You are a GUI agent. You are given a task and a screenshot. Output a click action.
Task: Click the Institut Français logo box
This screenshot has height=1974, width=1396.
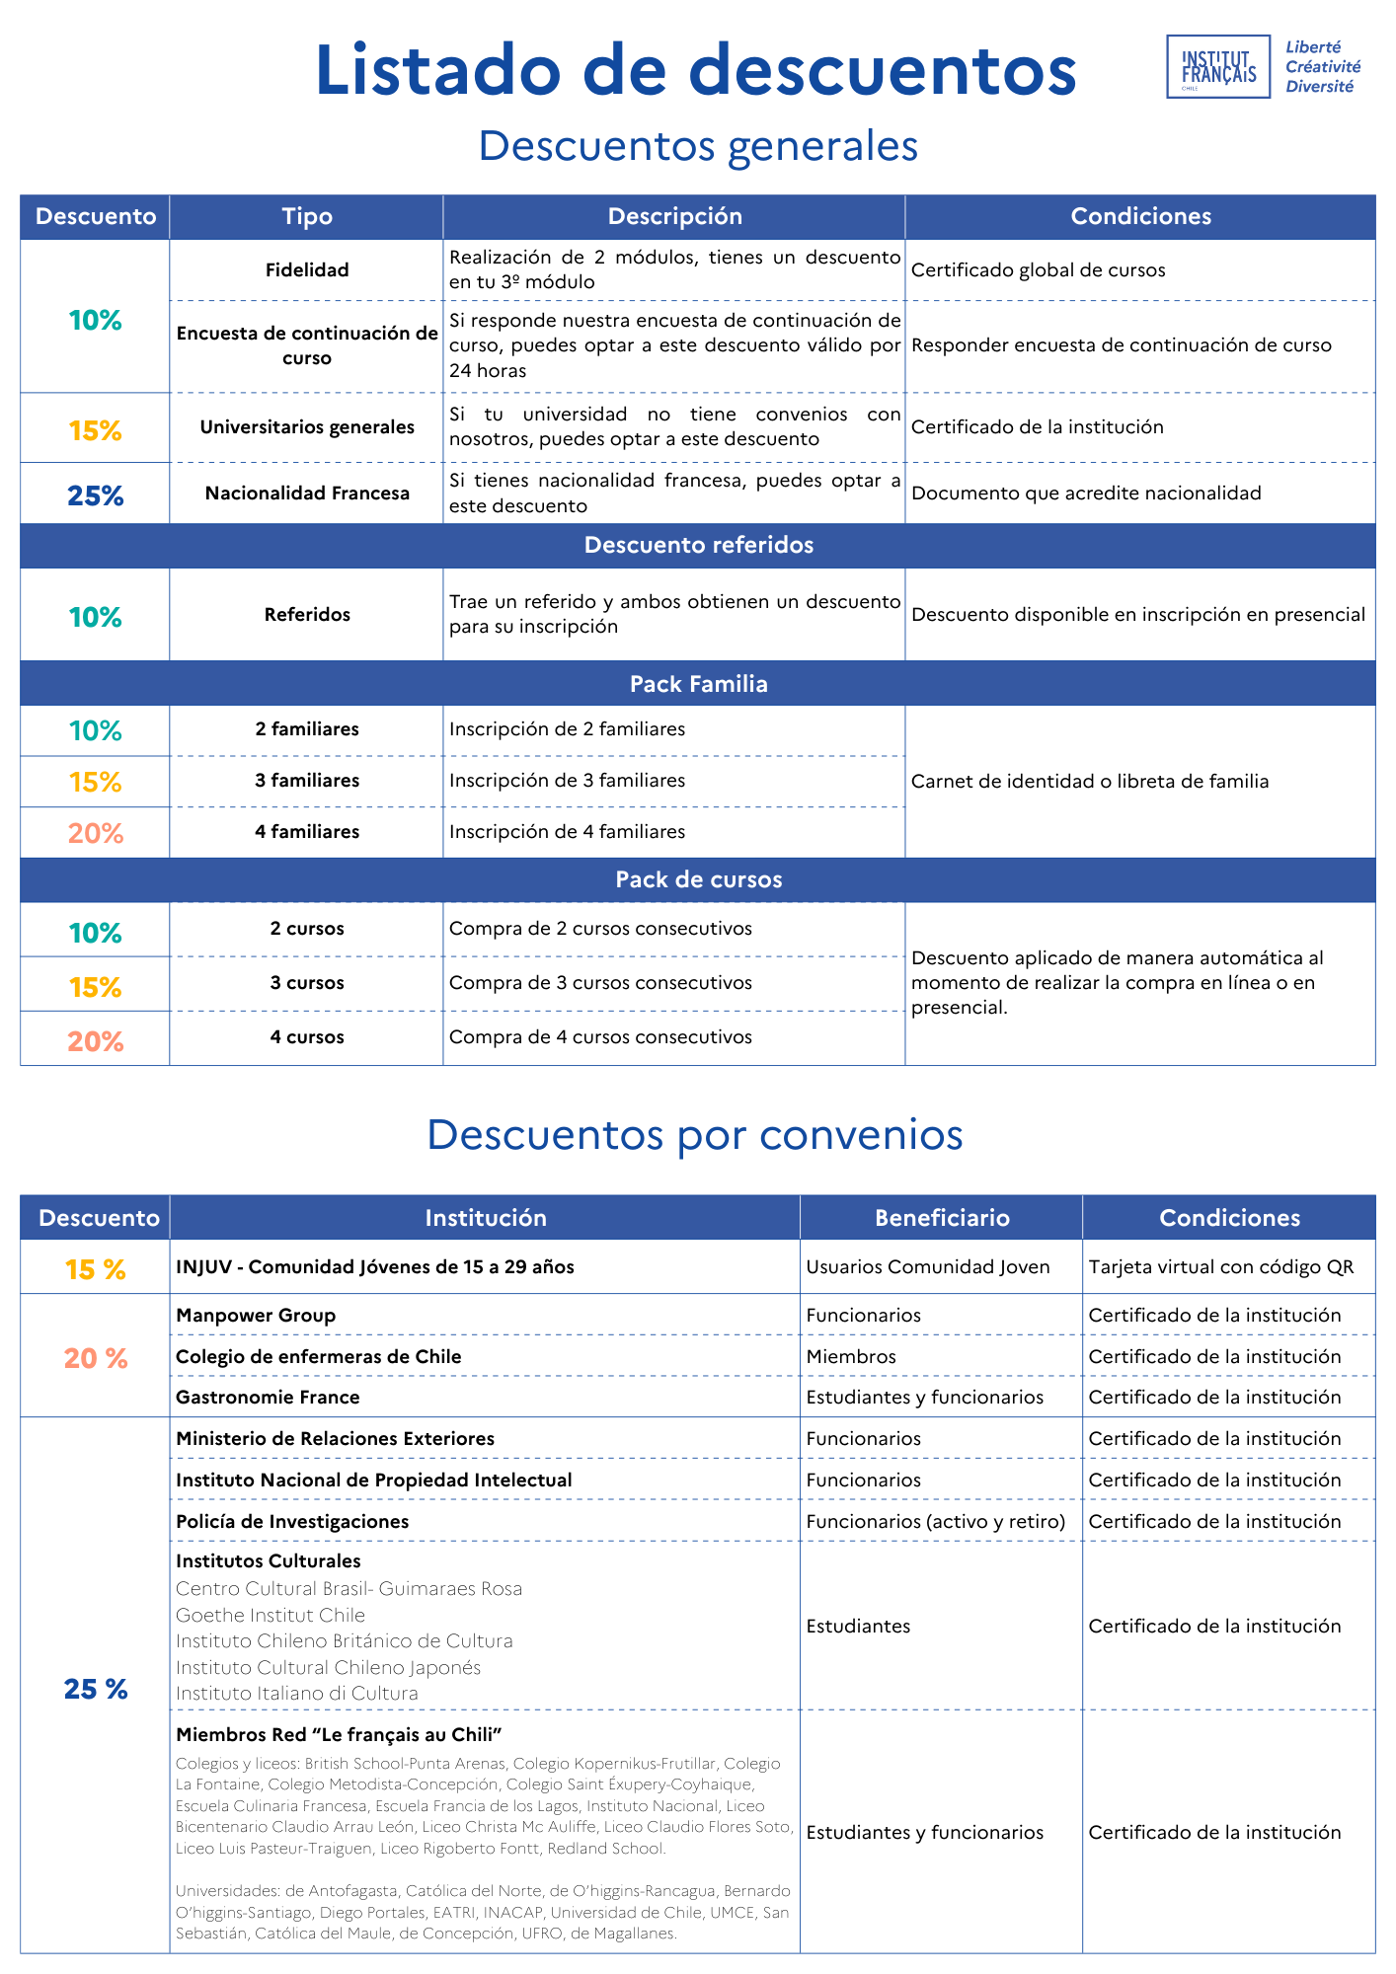click(x=1217, y=67)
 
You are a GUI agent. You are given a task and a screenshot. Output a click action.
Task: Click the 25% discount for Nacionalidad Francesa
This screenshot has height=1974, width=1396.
click(x=96, y=495)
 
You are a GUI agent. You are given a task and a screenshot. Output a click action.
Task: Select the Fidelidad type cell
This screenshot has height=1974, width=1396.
click(x=307, y=270)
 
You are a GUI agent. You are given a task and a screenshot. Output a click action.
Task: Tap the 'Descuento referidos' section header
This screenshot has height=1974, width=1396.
click(x=698, y=546)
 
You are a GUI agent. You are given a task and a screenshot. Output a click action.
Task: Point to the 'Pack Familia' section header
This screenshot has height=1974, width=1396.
click(x=698, y=684)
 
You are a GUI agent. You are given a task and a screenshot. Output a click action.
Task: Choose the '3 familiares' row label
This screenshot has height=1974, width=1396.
click(x=307, y=781)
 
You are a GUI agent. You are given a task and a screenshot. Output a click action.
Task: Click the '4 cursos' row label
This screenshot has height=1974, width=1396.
click(x=307, y=1037)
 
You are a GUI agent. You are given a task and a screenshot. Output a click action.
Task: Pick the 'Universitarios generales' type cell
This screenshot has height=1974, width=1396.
click(x=307, y=427)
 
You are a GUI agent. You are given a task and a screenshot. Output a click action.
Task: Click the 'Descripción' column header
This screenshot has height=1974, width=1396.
click(x=674, y=217)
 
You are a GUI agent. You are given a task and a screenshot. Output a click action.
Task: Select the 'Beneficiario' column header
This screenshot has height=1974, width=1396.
click(x=942, y=1218)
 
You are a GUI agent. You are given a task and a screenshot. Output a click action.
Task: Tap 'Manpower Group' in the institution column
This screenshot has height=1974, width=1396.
click(x=256, y=1316)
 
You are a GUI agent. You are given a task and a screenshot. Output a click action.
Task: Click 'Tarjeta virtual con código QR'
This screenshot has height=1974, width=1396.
click(x=1221, y=1267)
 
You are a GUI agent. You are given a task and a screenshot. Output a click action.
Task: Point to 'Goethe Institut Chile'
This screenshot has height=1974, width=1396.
click(x=271, y=1616)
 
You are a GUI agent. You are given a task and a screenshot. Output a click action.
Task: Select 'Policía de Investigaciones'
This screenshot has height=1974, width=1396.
click(x=292, y=1522)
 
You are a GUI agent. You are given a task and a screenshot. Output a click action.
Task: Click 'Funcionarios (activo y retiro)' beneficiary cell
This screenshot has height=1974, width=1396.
click(x=936, y=1522)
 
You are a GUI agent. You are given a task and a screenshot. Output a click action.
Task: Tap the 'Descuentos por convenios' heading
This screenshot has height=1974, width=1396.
click(x=695, y=1135)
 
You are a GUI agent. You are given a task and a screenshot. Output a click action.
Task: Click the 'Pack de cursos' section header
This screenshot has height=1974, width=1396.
click(x=698, y=880)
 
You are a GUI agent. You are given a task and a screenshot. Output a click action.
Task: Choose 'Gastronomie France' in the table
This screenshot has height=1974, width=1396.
click(x=268, y=1398)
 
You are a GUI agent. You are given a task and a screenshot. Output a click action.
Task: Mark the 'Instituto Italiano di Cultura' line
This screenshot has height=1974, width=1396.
click(x=297, y=1694)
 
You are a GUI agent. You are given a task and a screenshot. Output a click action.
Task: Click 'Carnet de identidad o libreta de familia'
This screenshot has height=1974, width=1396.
click(x=1090, y=782)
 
